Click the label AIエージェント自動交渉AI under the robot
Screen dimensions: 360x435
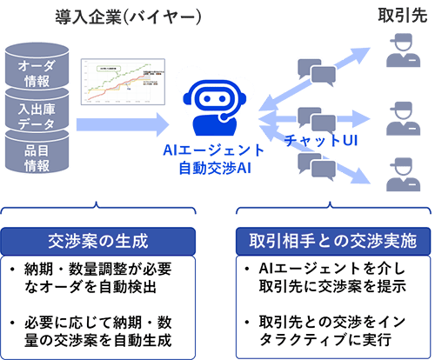click(x=214, y=157)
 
